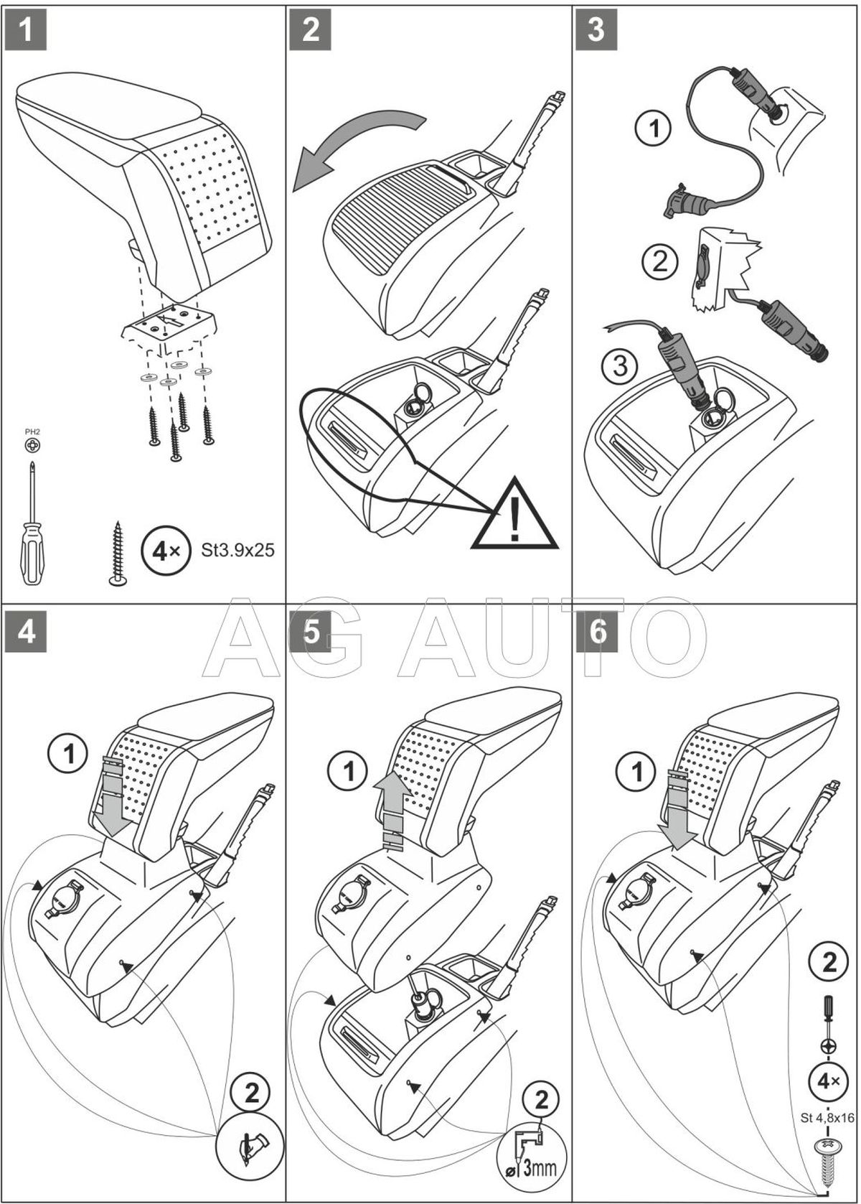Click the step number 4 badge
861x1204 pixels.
pyautogui.click(x=26, y=633)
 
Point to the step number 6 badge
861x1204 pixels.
pyautogui.click(x=596, y=633)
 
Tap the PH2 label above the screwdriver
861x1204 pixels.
pyautogui.click(x=32, y=431)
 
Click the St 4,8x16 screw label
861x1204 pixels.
pyautogui.click(x=827, y=1118)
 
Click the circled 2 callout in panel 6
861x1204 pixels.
pyautogui.click(x=829, y=961)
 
